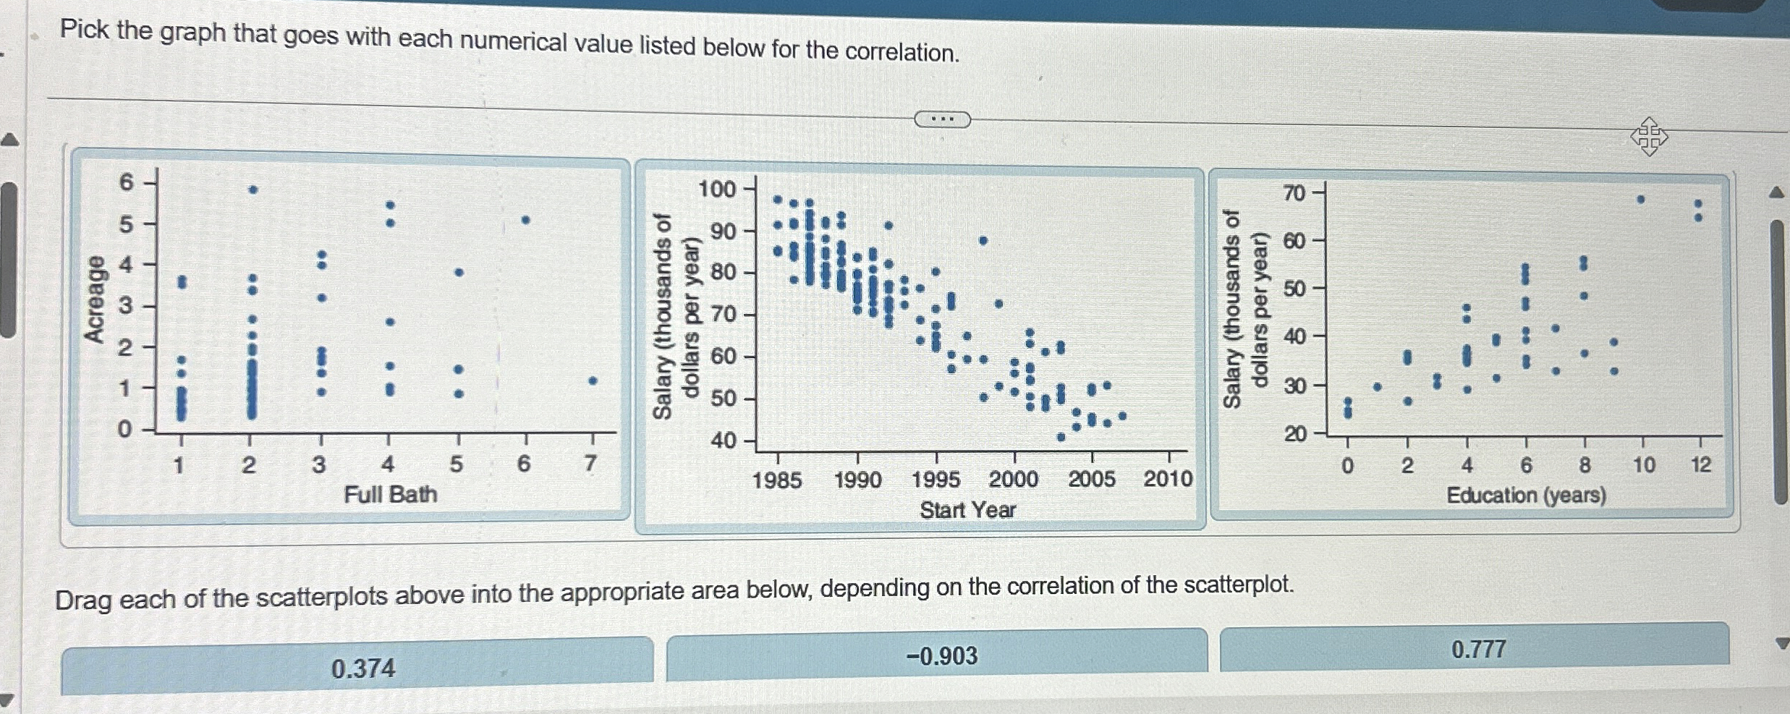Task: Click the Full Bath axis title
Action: [391, 495]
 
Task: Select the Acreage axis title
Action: [95, 299]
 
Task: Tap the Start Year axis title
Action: [967, 510]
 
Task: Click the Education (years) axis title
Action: [1526, 496]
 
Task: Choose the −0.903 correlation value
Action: [942, 656]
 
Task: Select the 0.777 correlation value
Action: [1479, 649]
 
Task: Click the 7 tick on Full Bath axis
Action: [590, 464]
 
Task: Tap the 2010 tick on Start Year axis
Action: [1168, 479]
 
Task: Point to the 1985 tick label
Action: [777, 480]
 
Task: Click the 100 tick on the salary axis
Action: [717, 190]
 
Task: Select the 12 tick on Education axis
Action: [1701, 465]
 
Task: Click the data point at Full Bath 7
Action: [593, 381]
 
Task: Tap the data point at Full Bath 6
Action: [526, 219]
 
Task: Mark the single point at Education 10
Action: [1641, 199]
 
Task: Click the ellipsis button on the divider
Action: [942, 119]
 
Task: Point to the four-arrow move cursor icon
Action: [1649, 136]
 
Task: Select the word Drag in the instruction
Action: [82, 600]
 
